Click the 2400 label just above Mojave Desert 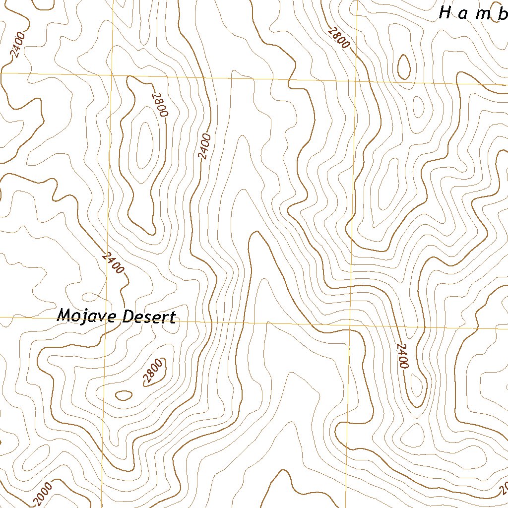[113, 262]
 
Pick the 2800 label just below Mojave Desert [152, 372]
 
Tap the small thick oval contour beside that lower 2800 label [124, 395]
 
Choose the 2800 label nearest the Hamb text [338, 37]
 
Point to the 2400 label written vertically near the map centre [204, 146]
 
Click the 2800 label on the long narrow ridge [160, 105]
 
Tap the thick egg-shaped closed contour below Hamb [404, 67]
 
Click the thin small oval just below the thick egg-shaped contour [418, 107]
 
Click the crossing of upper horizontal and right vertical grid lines [356, 80]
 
